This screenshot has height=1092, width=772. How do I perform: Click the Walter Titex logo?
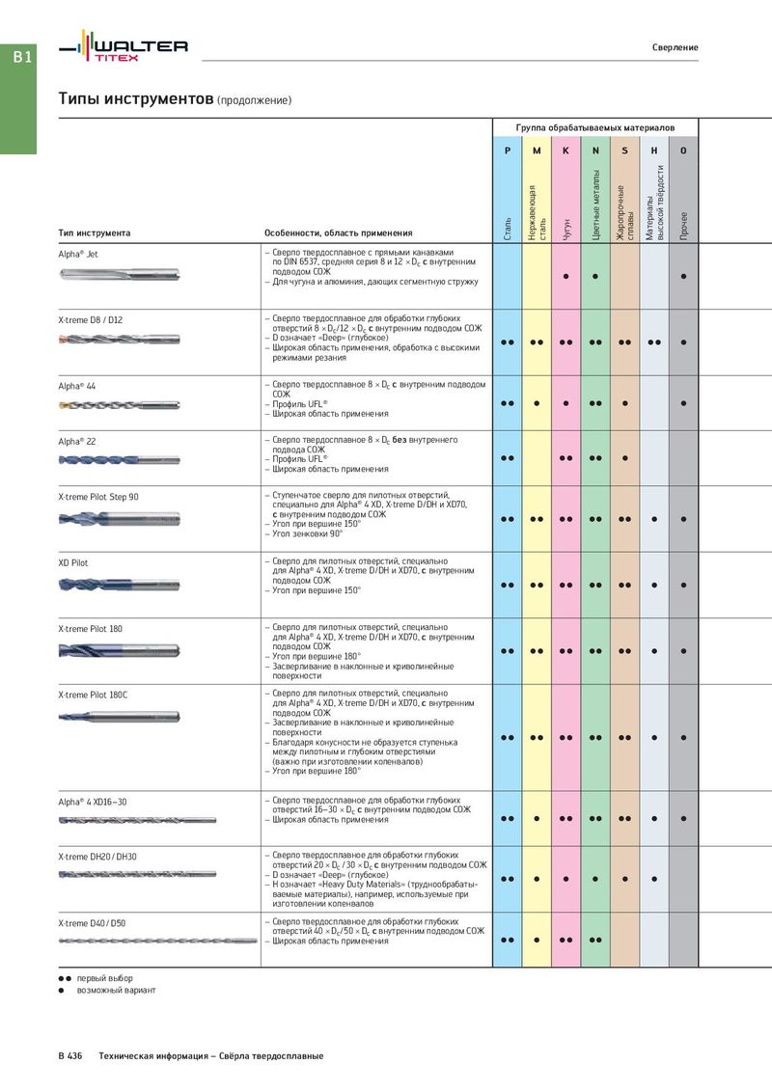123,47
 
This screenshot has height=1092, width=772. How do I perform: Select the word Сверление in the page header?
675,47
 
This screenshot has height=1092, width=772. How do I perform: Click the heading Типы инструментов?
135,99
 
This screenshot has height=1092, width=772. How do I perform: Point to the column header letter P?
507,151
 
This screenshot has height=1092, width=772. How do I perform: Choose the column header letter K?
565,151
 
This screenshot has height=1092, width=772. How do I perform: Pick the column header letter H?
654,151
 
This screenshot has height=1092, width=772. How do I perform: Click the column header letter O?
683,151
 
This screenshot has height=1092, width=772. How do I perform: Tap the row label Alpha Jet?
78,253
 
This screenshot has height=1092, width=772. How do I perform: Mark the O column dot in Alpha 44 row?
683,402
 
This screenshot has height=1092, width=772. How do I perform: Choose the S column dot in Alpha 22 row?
624,457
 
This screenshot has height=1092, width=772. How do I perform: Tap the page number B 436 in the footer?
70,1057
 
